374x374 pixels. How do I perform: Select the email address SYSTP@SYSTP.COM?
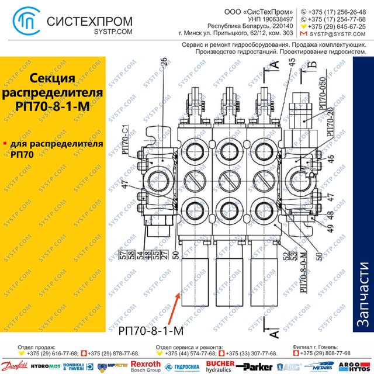(341, 34)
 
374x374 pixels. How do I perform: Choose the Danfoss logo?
(15, 366)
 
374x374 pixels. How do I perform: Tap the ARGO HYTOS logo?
(359, 366)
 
